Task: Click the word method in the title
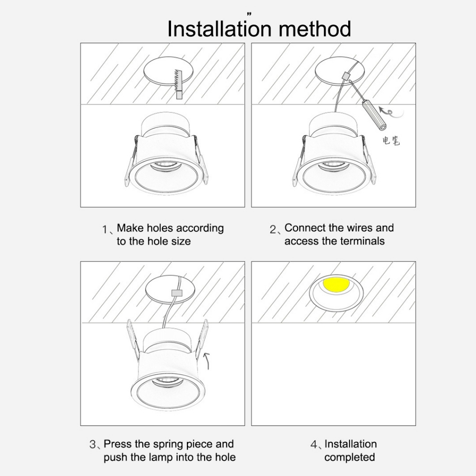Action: coord(315,29)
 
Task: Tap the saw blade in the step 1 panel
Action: coord(178,81)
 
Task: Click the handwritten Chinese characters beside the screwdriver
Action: coord(391,140)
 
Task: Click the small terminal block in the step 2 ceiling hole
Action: coord(345,75)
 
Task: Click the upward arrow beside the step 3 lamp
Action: coord(207,361)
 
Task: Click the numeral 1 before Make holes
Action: coord(105,230)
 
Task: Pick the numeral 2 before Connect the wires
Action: coord(272,230)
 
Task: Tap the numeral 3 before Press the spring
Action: coord(93,444)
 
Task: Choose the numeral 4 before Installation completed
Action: coord(314,445)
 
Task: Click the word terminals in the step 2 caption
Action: coord(362,241)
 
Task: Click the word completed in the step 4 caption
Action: coord(350,457)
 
